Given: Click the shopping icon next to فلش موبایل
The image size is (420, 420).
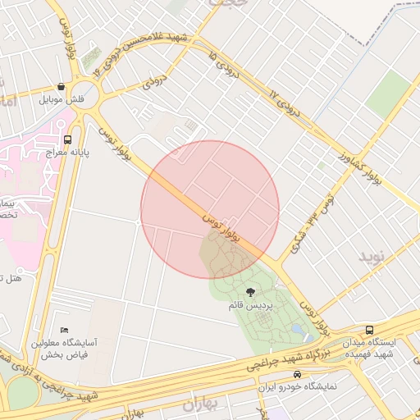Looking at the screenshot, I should click(61, 87).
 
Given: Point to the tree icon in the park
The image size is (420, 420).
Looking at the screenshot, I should click(250, 291).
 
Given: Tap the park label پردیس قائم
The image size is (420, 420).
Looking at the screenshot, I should click(249, 305).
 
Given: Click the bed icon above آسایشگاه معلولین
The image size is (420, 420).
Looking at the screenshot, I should click(65, 330).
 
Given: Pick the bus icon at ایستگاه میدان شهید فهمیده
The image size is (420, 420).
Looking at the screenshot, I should click(369, 328).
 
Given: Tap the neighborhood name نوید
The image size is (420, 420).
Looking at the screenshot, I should click(371, 257).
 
